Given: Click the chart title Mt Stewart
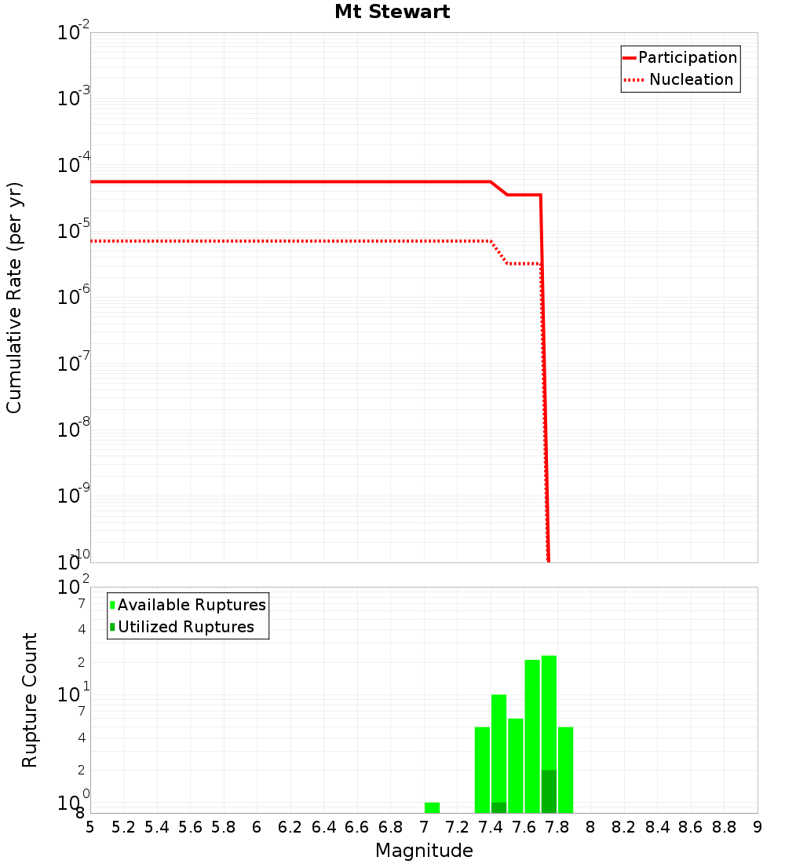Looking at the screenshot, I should click(x=392, y=13).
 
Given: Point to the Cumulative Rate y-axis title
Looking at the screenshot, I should click(x=14, y=297).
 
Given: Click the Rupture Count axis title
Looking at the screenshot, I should click(x=30, y=699).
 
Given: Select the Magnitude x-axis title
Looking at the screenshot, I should click(x=424, y=851).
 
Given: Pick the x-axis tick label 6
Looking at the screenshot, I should click(x=257, y=828).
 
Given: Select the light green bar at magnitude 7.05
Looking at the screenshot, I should click(x=432, y=807).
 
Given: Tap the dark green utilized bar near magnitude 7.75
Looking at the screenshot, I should click(x=549, y=792).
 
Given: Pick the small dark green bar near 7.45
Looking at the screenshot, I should click(x=498, y=807).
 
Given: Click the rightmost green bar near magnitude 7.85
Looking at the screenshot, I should click(x=565, y=770).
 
